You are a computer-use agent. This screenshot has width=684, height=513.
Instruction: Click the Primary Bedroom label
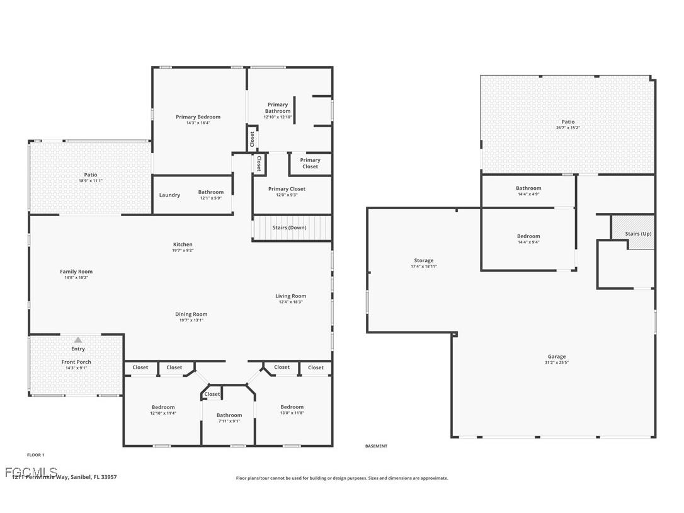point(198,117)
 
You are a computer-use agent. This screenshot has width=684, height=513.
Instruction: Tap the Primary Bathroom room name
point(278,108)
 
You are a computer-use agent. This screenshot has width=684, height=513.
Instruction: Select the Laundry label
point(169,195)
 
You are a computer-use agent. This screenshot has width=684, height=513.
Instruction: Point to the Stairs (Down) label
point(289,228)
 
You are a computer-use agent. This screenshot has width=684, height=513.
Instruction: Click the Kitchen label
point(183,245)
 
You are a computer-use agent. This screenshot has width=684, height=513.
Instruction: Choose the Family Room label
point(76,272)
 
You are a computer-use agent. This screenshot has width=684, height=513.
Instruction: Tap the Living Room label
point(290,296)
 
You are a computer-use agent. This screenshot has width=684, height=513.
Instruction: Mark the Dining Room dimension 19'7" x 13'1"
point(191,320)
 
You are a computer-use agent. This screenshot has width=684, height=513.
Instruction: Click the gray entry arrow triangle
point(78,340)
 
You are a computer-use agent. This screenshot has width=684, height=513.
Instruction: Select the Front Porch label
point(76,362)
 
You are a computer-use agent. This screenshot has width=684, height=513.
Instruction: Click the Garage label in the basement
point(556,357)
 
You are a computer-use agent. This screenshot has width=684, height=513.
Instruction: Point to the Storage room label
point(423,260)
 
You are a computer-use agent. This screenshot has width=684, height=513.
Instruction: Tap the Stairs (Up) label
point(638,234)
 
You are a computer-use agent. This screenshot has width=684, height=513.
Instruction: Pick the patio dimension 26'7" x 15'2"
point(568,128)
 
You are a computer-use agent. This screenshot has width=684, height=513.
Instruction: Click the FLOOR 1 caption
point(35,454)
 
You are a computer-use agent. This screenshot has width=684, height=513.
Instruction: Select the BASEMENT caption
point(376,446)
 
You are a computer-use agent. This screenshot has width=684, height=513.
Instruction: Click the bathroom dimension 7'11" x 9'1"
point(229,421)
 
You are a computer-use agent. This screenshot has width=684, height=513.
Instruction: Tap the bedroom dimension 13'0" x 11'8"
point(292,413)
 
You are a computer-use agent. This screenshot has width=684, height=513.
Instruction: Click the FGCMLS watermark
point(31,471)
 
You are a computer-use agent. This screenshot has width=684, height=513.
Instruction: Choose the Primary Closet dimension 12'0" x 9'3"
point(287,195)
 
